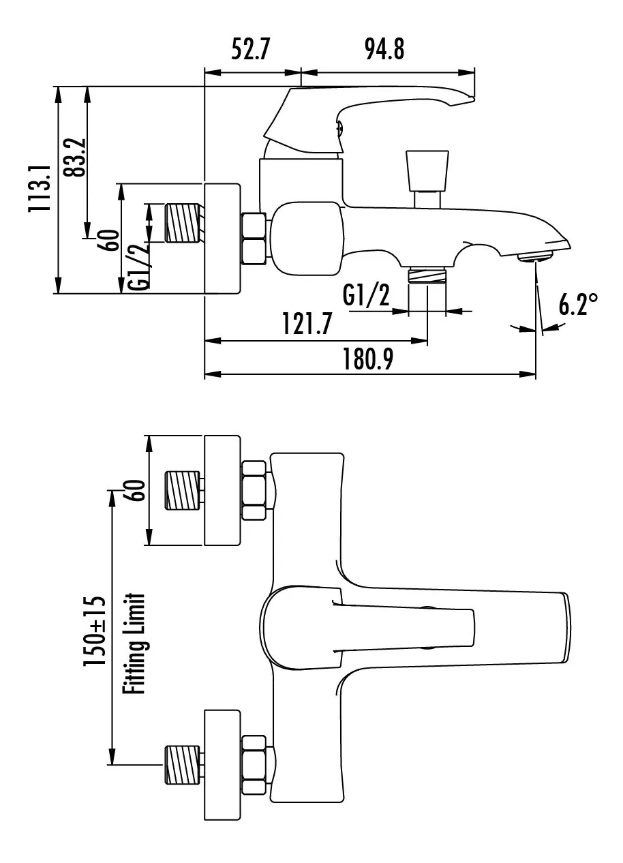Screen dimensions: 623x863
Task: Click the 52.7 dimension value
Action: [x=251, y=49]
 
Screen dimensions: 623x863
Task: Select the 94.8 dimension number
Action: [x=384, y=49]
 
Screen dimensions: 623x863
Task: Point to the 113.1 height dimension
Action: [x=40, y=187]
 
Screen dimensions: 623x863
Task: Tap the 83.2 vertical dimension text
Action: [x=74, y=157]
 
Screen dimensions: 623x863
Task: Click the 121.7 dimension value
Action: [x=307, y=324]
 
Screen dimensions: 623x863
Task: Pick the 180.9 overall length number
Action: [x=368, y=359]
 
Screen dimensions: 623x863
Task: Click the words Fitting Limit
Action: [x=134, y=644]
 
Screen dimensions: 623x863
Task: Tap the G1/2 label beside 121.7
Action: [x=366, y=295]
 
